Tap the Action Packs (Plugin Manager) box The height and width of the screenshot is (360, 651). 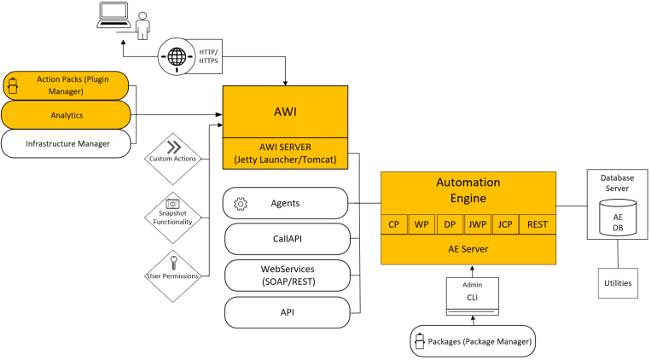[x=66, y=85]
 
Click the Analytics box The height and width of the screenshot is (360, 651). [x=66, y=113]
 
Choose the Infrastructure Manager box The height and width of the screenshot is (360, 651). [x=66, y=143]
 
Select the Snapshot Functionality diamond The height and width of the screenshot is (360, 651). [x=172, y=212]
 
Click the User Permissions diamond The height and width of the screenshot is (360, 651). [x=172, y=269]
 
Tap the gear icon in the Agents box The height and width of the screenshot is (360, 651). [x=241, y=204]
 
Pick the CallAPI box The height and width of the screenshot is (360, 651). [x=287, y=240]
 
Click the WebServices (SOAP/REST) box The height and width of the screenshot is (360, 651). [x=287, y=276]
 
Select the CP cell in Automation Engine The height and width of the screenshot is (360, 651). [x=393, y=224]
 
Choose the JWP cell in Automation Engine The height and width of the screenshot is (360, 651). [x=477, y=224]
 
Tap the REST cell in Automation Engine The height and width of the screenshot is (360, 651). [x=537, y=224]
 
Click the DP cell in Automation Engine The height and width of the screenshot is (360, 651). [x=449, y=224]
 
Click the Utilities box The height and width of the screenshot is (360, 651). [x=617, y=282]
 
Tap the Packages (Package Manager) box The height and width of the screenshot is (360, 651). [x=471, y=341]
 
